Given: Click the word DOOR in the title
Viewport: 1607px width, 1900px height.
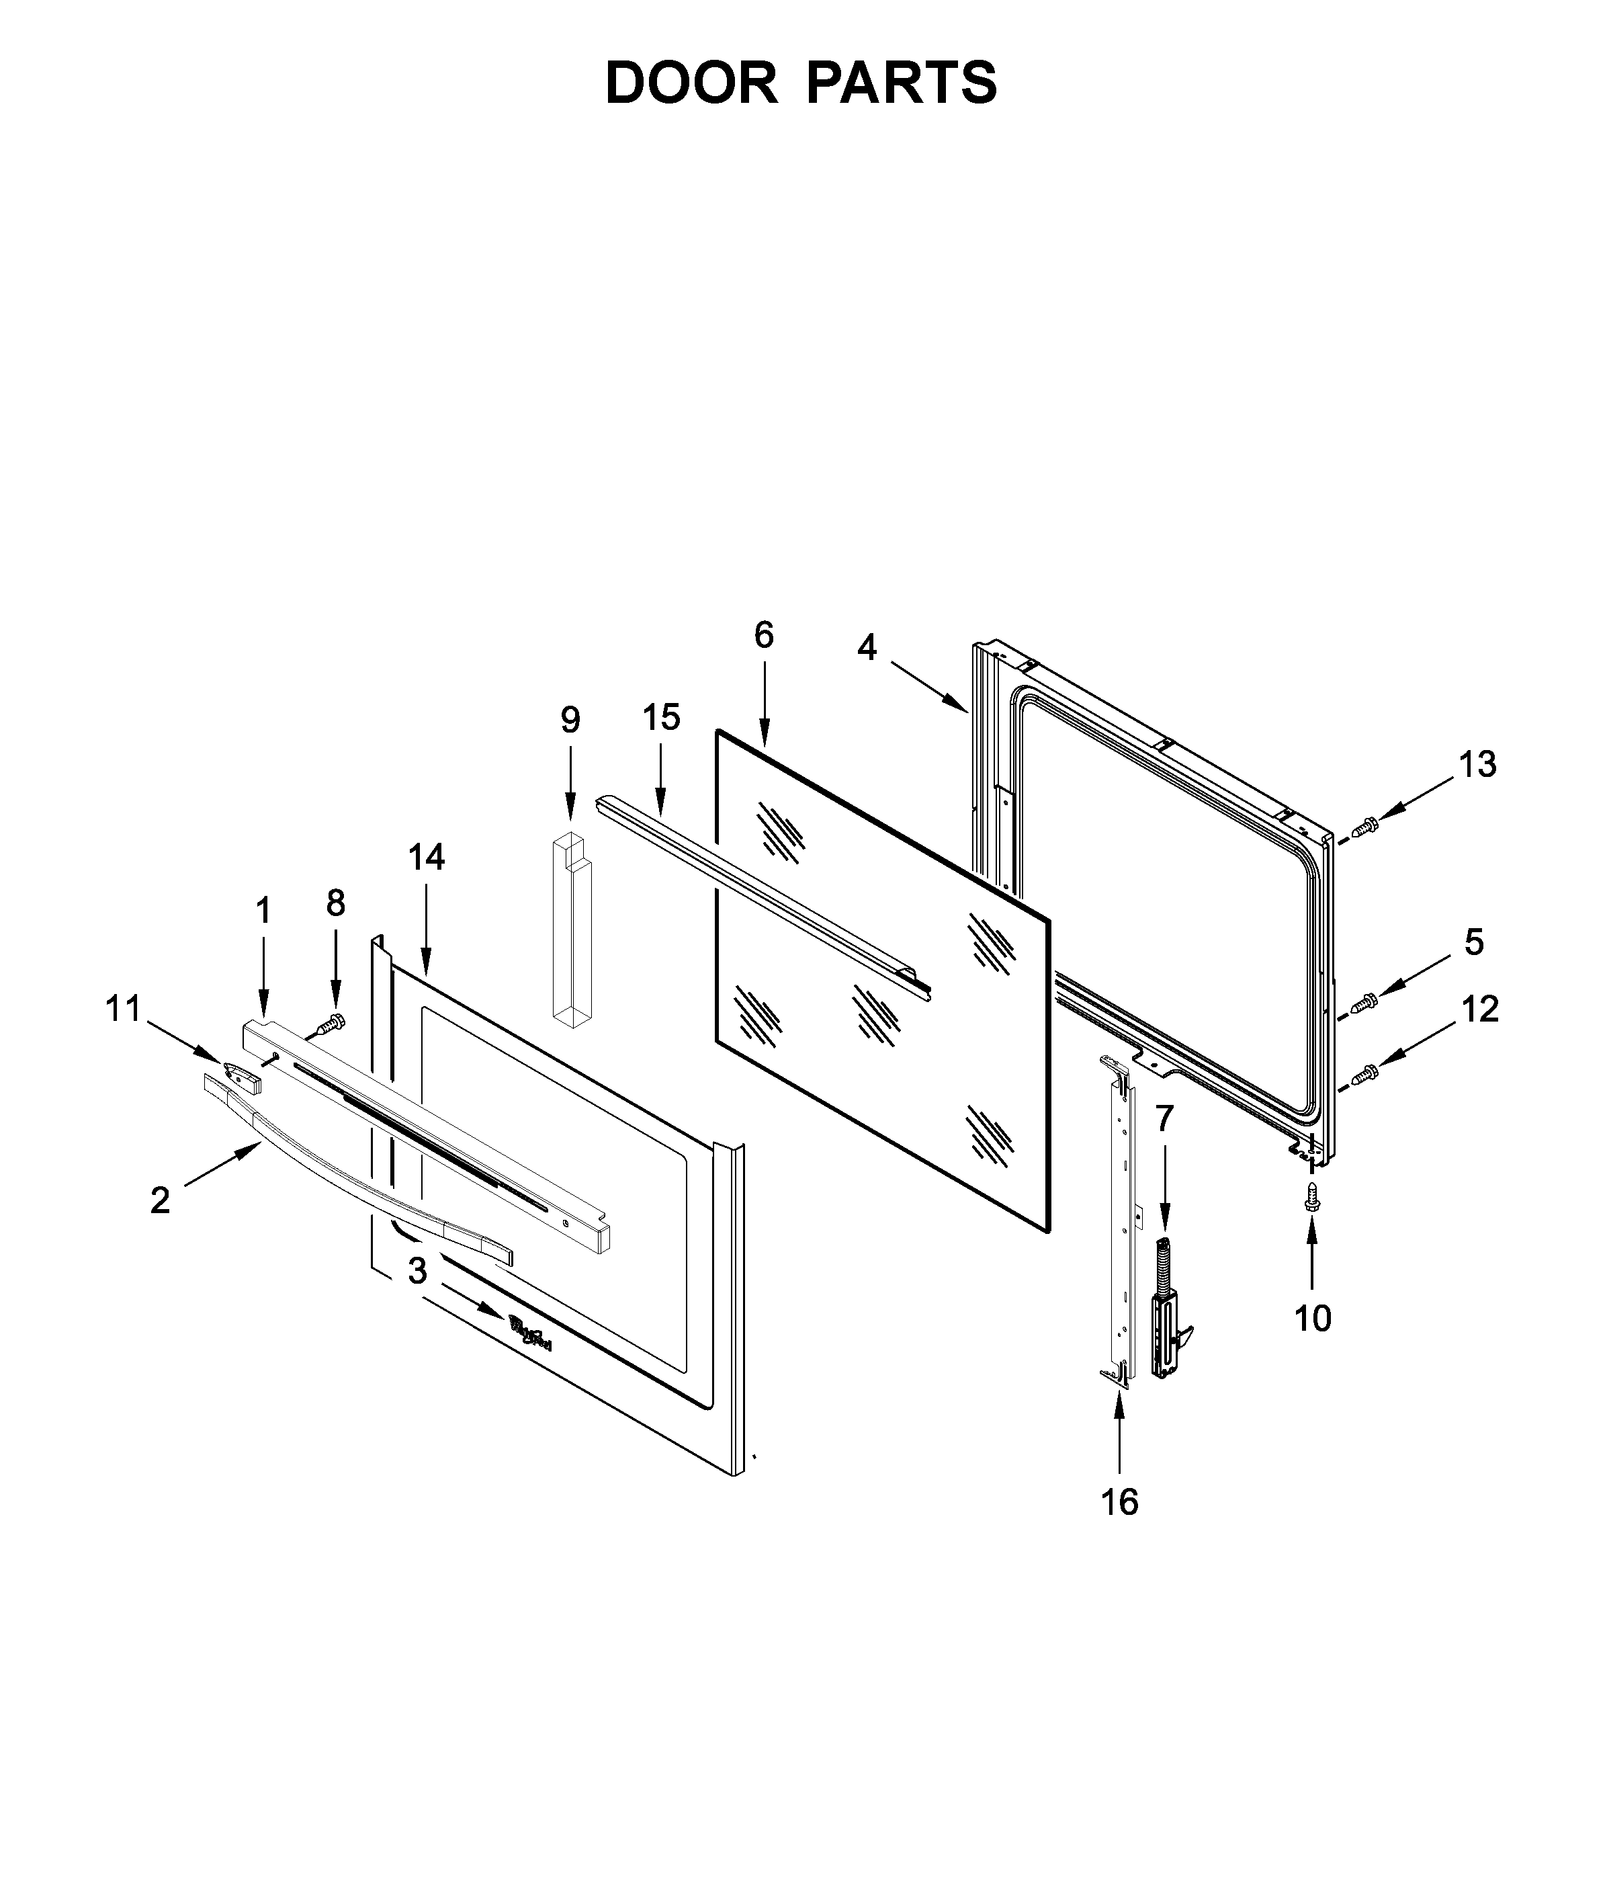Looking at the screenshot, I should pyautogui.click(x=691, y=84).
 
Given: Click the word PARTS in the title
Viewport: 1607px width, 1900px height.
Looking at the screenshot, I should pyautogui.click(x=901, y=84).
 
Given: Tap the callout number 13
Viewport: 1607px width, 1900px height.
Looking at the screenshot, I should pyautogui.click(x=1477, y=765).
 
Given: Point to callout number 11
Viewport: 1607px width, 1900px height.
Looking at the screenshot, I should pyautogui.click(x=124, y=1009).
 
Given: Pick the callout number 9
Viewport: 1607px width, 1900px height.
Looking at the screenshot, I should pyautogui.click(x=570, y=720).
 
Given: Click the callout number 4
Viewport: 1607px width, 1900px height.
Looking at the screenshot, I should pyautogui.click(x=867, y=648).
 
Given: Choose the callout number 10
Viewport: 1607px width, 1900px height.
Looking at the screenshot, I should pyautogui.click(x=1313, y=1318).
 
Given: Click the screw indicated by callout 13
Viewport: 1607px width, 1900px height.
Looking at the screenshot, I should pyautogui.click(x=1364, y=827).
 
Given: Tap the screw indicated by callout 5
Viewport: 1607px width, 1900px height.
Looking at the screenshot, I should pyautogui.click(x=1364, y=1002).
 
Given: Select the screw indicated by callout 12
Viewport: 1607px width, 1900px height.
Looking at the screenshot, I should pyautogui.click(x=1364, y=1075).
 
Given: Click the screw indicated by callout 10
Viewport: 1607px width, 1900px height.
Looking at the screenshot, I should pyautogui.click(x=1312, y=1196).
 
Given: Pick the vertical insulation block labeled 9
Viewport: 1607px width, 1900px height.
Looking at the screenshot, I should pyautogui.click(x=571, y=930).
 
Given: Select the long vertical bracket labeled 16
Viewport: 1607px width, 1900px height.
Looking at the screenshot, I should pyautogui.click(x=1120, y=1221).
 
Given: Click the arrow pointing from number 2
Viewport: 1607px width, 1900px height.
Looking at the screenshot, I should pyautogui.click(x=222, y=1167).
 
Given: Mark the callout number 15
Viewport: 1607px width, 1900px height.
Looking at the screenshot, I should pyautogui.click(x=661, y=717).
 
